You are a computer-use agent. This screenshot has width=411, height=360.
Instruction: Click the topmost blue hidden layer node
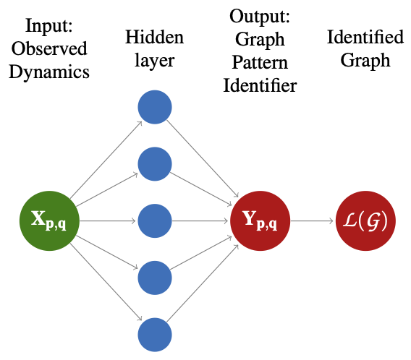pos(154,108)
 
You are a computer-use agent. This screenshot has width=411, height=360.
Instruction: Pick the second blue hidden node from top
pos(154,164)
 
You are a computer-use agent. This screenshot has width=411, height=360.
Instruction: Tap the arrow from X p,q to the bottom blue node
pos(109,283)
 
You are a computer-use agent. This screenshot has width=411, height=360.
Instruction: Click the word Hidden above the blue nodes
pos(154,36)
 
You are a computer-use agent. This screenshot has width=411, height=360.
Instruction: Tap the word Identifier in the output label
pos(263,85)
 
